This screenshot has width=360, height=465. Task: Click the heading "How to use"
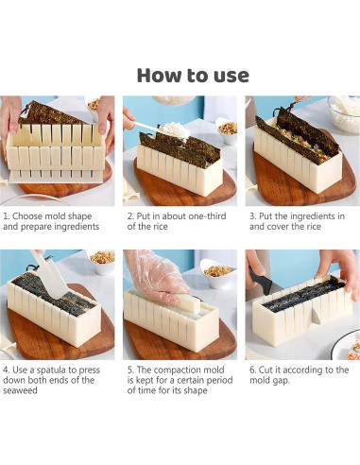tap(193, 76)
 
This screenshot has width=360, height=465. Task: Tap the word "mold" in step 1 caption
tap(56, 216)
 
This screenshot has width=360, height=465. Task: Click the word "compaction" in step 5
tap(189, 370)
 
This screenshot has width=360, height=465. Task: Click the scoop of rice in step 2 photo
tap(174, 131)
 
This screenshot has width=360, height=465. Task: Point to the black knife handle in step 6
tap(259, 280)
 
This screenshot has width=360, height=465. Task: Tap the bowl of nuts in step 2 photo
tap(226, 129)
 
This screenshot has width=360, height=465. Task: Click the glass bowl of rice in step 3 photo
tap(344, 113)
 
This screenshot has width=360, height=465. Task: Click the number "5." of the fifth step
tap(131, 370)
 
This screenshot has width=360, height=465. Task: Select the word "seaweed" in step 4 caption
tap(20, 391)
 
